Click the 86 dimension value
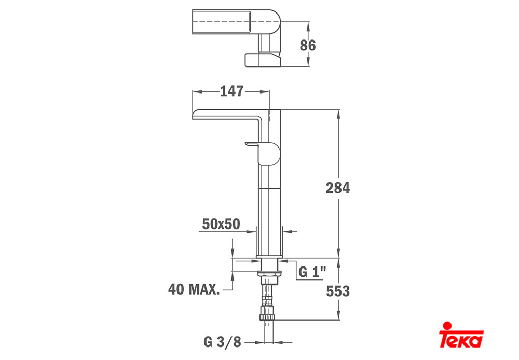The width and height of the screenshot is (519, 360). pos(307,45)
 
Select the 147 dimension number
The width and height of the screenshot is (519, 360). pos(231,91)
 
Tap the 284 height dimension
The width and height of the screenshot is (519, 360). pos(338,188)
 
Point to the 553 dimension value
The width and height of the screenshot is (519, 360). pos(338,291)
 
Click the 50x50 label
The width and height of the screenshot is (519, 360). pos(221,224)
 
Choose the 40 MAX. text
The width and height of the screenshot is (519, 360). pos(194,289)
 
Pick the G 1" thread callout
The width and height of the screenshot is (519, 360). pos(312,272)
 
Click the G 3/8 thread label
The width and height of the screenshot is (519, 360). pos(223,342)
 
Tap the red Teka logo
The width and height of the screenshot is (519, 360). pos(461,335)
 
